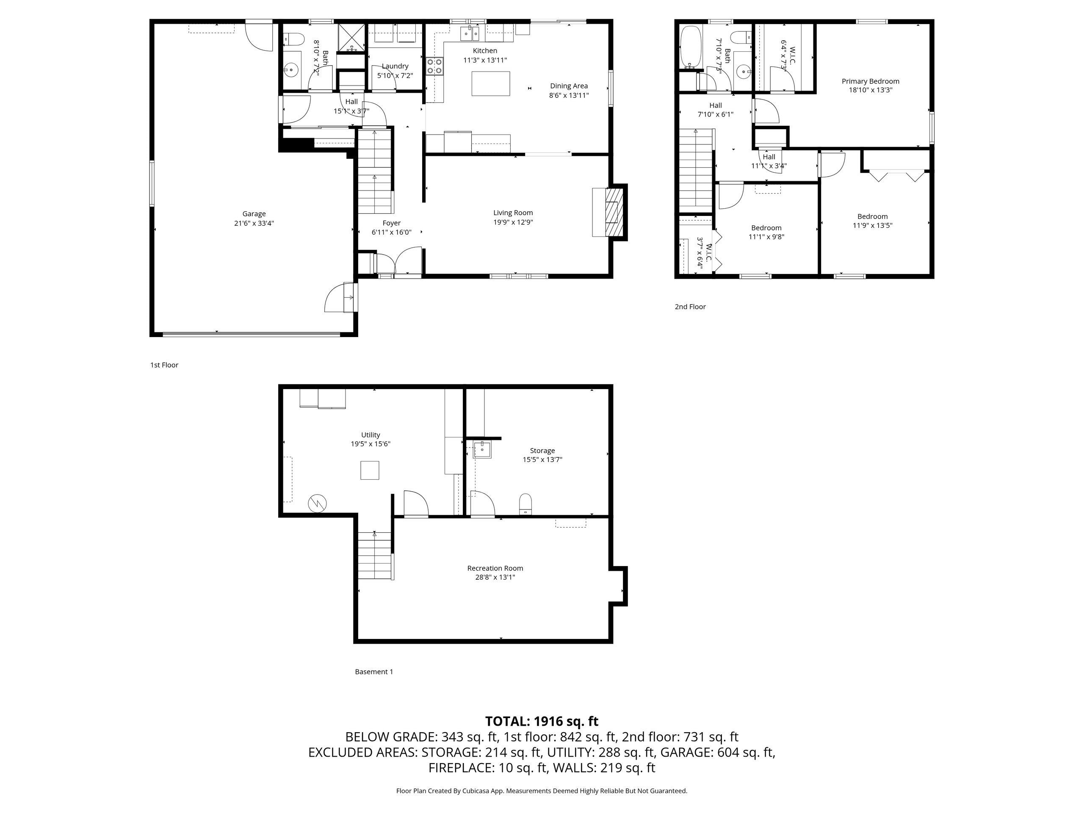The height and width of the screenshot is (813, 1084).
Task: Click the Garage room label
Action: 254,214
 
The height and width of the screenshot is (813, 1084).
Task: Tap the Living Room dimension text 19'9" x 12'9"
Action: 513,222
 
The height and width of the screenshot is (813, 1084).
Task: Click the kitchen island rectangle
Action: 490,83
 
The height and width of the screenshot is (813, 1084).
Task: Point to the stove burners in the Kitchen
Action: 434,66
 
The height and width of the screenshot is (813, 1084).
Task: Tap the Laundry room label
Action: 395,66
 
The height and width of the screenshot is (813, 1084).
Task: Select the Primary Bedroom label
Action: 870,81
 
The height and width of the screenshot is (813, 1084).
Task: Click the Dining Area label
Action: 568,86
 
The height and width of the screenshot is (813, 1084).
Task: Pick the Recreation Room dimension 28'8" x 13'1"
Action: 495,577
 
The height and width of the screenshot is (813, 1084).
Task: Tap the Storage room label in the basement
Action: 542,451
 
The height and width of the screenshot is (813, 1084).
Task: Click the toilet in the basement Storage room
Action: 525,504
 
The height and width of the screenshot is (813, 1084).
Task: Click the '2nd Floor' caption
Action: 690,307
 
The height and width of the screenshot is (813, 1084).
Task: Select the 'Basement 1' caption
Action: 374,672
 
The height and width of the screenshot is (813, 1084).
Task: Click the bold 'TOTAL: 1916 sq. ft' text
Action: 542,722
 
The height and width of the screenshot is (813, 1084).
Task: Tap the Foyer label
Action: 392,223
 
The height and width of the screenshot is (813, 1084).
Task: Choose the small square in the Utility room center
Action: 370,470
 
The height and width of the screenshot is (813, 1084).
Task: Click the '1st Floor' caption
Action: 164,365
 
